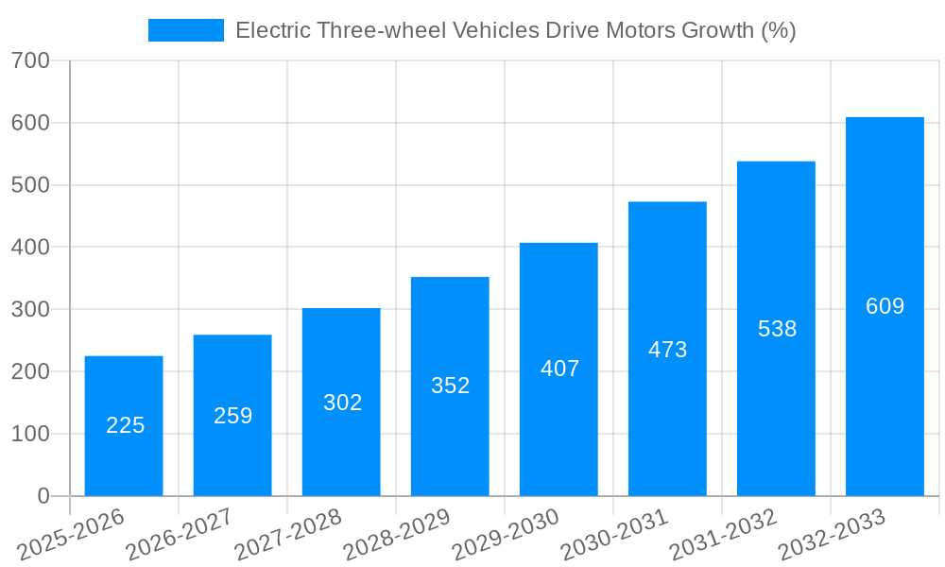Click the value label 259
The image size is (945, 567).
click(232, 416)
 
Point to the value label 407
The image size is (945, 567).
click(559, 369)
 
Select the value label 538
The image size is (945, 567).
click(777, 329)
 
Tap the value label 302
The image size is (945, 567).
click(342, 403)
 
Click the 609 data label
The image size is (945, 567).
click(885, 306)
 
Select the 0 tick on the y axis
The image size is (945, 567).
click(43, 496)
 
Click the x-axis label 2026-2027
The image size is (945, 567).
click(180, 535)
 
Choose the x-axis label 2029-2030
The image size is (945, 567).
click(507, 535)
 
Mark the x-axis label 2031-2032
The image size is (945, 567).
click(724, 535)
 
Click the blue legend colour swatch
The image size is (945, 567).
click(186, 30)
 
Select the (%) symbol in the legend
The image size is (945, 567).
click(779, 30)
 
